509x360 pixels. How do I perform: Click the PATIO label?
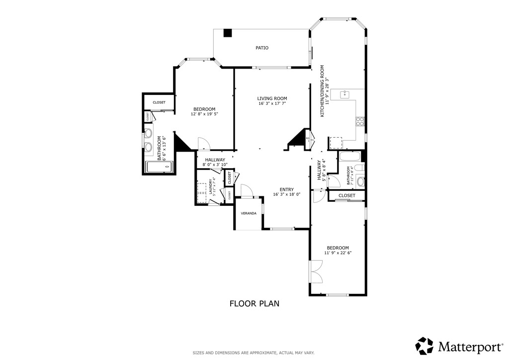tap(262, 48)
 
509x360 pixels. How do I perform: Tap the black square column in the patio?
tap(228, 33)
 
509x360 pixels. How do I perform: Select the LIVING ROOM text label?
tap(272, 98)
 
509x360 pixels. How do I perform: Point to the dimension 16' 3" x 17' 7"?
tap(272, 104)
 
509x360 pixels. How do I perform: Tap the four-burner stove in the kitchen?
tap(360, 121)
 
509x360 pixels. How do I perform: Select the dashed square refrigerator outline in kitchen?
tap(337, 143)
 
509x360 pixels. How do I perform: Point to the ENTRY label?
tap(286, 189)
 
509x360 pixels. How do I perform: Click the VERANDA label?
tap(249, 213)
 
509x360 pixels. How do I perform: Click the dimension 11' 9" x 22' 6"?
tap(338, 253)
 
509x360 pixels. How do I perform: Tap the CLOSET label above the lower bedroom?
tap(346, 196)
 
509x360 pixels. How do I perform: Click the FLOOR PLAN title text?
tap(254, 303)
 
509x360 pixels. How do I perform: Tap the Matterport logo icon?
tap(424, 345)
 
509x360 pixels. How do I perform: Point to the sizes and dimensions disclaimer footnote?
tap(254, 353)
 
